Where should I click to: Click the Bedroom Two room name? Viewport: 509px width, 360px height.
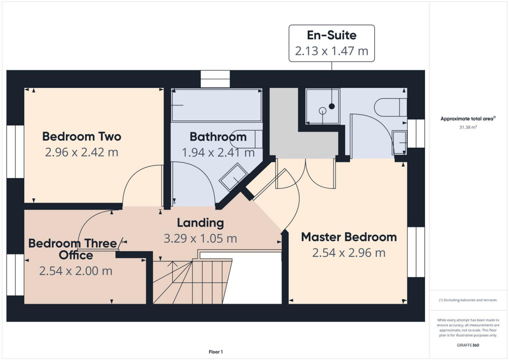pos(82,136)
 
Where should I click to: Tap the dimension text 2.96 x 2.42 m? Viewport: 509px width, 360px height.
pos(82,152)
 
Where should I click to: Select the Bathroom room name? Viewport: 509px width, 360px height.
pos(218,137)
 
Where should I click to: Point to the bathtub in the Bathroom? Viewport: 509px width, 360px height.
pos(216,105)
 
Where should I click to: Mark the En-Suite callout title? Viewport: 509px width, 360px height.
pos(332,35)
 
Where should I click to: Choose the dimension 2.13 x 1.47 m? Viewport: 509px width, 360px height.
pos(332,51)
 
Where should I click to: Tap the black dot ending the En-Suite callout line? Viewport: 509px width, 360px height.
pos(332,106)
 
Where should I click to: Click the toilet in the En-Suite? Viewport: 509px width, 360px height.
pos(390,107)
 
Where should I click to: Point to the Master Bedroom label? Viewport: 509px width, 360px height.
pos(349,237)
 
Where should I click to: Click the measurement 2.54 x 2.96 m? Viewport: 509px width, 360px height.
pos(349,253)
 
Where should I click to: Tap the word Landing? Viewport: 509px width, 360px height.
pos(200,222)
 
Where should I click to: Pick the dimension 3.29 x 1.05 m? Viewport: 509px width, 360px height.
pos(200,238)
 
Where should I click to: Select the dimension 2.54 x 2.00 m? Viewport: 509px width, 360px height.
pos(76,271)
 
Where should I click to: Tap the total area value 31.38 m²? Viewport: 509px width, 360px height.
pos(468,127)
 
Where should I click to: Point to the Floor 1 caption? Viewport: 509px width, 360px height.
pos(216,352)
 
